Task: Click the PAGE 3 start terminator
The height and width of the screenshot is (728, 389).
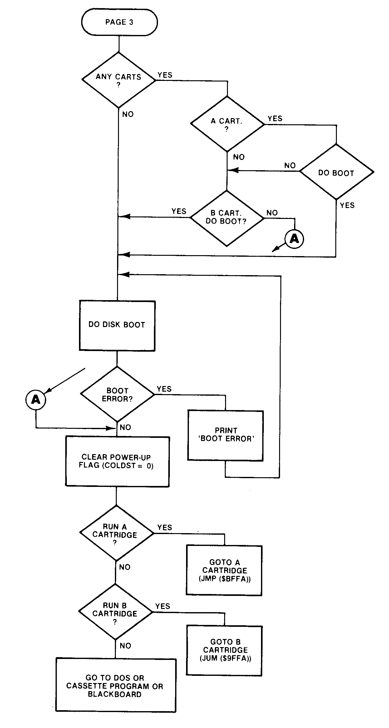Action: click(119, 22)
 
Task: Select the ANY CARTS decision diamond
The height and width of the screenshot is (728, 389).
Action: click(119, 80)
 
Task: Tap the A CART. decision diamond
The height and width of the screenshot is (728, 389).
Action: click(227, 124)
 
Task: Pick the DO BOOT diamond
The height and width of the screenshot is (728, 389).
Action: click(336, 172)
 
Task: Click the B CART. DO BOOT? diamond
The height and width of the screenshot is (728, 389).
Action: click(227, 218)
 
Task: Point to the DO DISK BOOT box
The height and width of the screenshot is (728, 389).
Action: click(117, 325)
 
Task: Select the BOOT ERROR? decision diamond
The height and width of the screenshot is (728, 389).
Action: click(117, 394)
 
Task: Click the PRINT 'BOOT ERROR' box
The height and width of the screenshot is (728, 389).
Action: click(225, 435)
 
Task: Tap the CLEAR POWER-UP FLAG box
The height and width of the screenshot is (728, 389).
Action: click(117, 461)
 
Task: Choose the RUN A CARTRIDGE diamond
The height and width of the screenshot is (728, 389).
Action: click(116, 533)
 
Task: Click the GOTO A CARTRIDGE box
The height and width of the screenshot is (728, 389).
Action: click(224, 570)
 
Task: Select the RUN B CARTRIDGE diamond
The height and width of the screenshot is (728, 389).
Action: click(116, 612)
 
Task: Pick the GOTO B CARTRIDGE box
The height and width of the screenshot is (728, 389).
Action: click(224, 650)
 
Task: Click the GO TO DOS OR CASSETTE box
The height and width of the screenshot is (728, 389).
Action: click(116, 686)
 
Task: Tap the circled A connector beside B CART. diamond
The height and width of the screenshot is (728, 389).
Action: click(294, 239)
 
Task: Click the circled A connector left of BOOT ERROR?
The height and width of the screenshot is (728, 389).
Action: click(36, 399)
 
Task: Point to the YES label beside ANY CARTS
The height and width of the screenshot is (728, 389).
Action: click(165, 75)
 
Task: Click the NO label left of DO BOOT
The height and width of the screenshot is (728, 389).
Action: click(290, 166)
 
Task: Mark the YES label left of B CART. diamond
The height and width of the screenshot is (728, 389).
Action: click(179, 211)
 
